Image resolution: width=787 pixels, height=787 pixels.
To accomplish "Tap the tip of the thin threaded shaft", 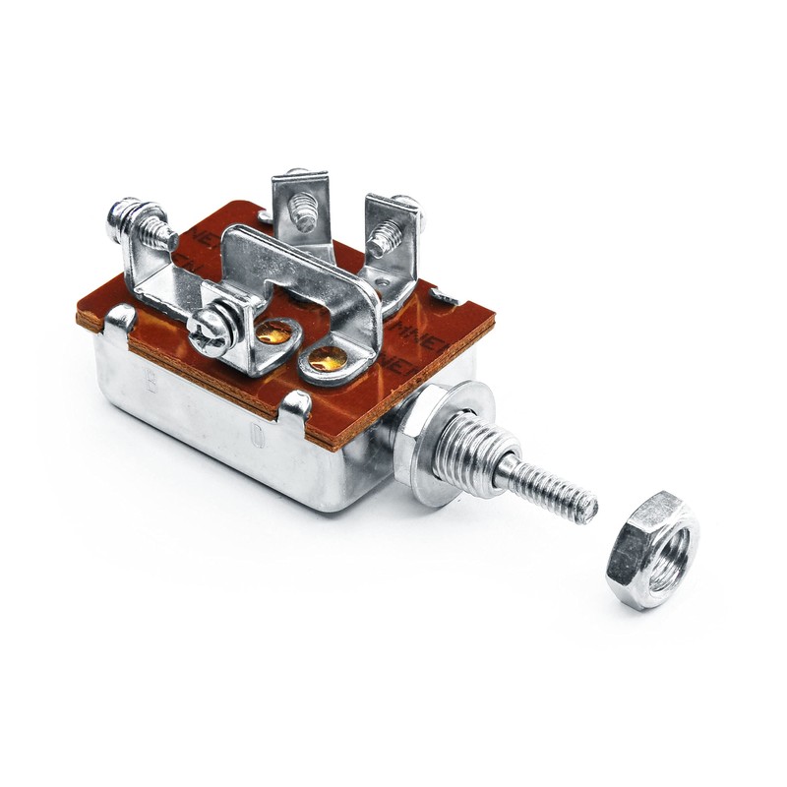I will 587,509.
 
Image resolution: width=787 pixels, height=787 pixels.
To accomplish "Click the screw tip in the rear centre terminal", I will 305,217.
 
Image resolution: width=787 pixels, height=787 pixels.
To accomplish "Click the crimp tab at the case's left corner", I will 120,318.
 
